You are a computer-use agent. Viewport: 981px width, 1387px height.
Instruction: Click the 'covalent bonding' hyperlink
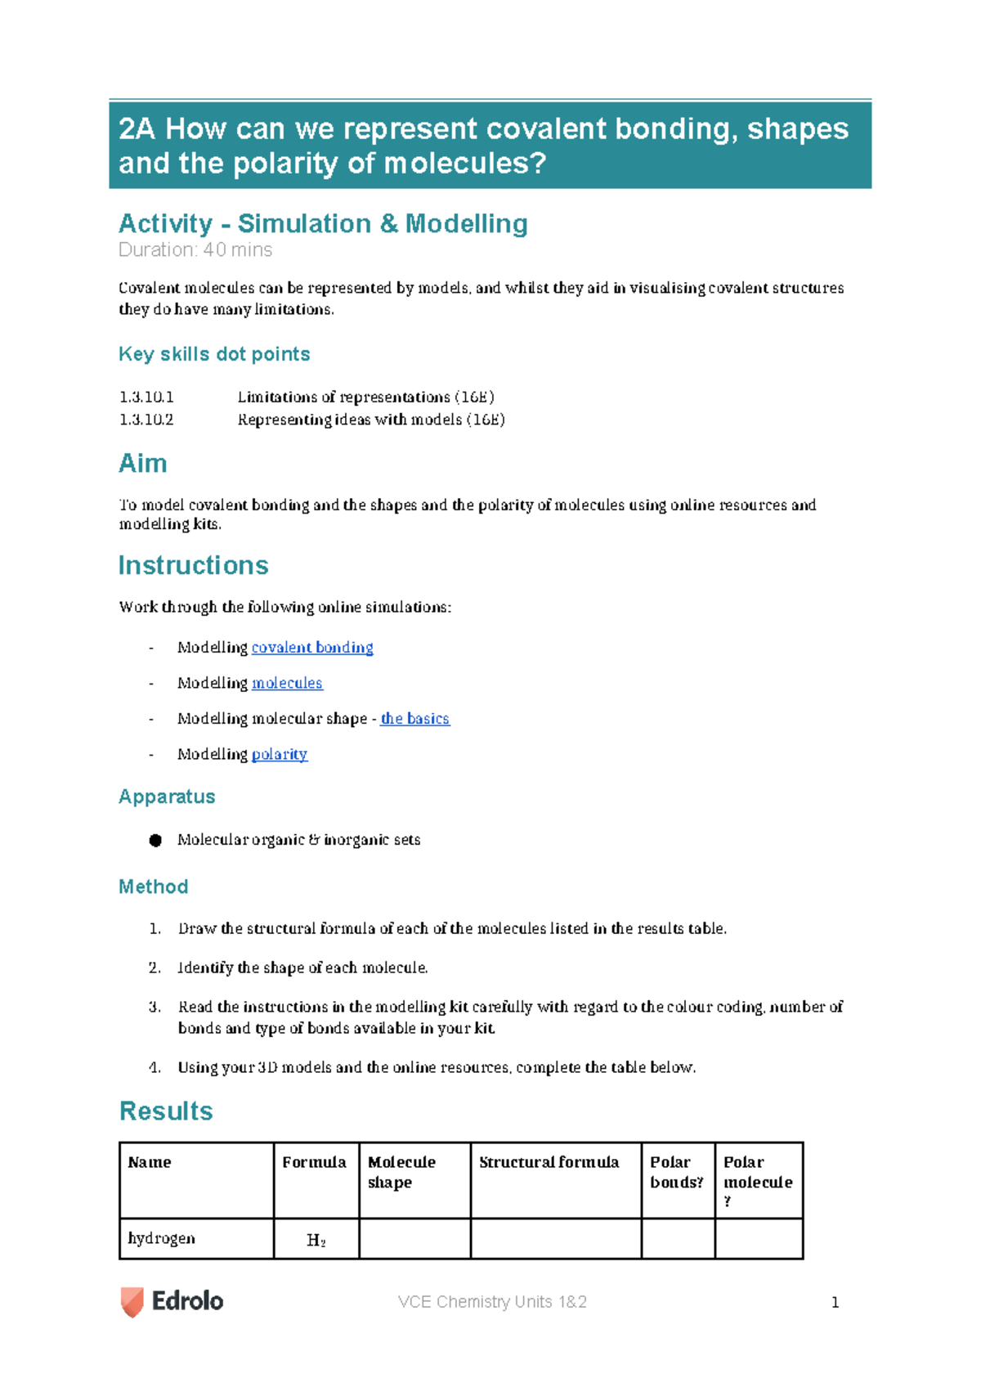[311, 648]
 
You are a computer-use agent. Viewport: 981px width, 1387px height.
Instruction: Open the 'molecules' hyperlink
[287, 683]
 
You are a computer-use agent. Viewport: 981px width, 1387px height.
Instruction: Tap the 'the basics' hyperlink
[414, 719]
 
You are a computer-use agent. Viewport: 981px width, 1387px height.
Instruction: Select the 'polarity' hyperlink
[280, 754]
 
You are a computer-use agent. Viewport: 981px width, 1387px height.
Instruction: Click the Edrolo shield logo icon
[132, 1301]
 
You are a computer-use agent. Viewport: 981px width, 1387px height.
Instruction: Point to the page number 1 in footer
[835, 1303]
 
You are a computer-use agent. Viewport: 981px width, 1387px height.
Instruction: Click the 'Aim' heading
[143, 464]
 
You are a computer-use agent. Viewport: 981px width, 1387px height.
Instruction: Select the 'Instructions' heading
[193, 566]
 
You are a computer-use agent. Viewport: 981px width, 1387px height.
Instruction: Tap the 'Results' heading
[166, 1111]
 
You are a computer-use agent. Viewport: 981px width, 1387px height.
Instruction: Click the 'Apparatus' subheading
[167, 797]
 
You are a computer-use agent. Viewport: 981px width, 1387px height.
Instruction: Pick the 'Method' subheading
[154, 887]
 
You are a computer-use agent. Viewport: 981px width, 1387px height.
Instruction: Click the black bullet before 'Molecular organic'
[155, 841]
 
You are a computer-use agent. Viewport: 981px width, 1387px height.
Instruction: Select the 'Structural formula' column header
[549, 1162]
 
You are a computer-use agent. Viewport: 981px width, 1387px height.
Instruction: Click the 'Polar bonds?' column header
[676, 1172]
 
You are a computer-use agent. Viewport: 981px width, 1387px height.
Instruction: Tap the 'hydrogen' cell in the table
[162, 1238]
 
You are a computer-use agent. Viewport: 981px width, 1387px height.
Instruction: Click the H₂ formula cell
[316, 1241]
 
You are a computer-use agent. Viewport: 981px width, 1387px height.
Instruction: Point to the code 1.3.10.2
[146, 420]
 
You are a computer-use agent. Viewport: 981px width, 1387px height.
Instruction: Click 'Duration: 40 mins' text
[195, 250]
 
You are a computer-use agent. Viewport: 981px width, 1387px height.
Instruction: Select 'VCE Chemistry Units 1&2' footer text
[492, 1302]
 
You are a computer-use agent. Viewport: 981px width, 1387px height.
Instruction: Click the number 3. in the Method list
[155, 1008]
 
